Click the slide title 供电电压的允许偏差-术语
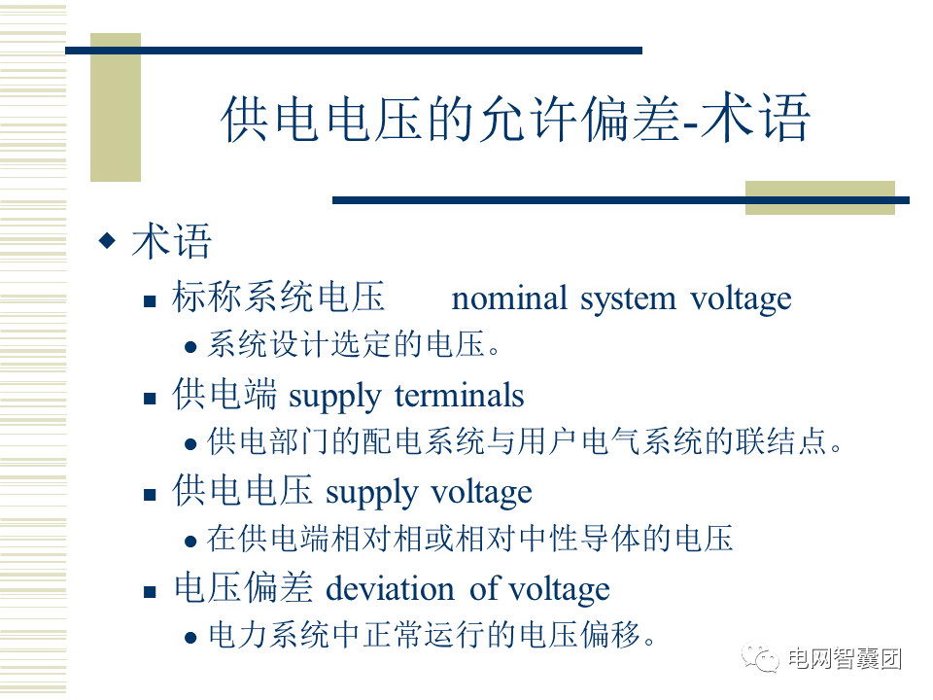pyautogui.click(x=515, y=118)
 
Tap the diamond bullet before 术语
pyautogui.click(x=107, y=240)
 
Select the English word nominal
pyautogui.click(x=509, y=298)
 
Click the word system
pyautogui.click(x=628, y=300)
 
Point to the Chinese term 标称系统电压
pyautogui.click(x=279, y=297)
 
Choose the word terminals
pyautogui.click(x=460, y=396)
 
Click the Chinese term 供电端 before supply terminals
pyautogui.click(x=225, y=394)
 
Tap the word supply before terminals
pyautogui.click(x=334, y=398)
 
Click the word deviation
pyautogui.click(x=390, y=589)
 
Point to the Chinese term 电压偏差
pyautogui.click(x=243, y=587)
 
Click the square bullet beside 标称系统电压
pyautogui.click(x=150, y=301)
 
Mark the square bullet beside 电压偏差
pyautogui.click(x=150, y=592)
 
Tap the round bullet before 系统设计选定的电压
pyautogui.click(x=190, y=347)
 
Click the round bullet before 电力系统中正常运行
pyautogui.click(x=190, y=638)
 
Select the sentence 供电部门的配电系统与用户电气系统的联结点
pyautogui.click(x=525, y=441)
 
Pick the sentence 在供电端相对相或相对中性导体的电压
pyautogui.click(x=470, y=538)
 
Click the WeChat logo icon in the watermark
pyautogui.click(x=760, y=658)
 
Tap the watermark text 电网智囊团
pyautogui.click(x=845, y=659)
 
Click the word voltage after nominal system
pyautogui.click(x=741, y=300)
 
